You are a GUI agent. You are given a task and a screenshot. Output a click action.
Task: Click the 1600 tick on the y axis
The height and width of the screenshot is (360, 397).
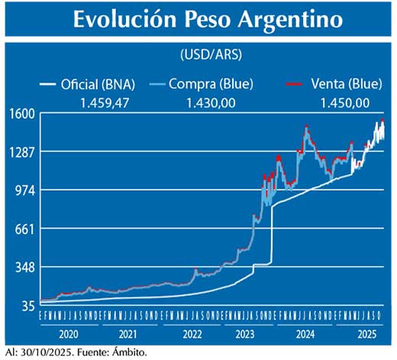pos(21,114)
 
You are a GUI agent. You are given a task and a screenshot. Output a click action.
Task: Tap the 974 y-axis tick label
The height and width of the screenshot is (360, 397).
pos(24,190)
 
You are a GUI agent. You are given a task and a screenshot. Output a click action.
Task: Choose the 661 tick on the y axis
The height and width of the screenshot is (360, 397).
pos(24,228)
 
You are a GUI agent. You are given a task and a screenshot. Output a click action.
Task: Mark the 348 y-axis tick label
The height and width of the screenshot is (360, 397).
pos(24,267)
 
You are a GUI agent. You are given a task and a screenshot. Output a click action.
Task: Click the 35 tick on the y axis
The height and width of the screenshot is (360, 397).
pos(27,306)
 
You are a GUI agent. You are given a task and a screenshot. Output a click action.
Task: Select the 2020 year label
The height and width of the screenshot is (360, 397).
pos(68,334)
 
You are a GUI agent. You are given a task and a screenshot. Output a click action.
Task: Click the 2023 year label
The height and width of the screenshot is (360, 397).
pos(245,334)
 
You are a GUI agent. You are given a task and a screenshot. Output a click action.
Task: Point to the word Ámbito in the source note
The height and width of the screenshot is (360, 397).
pos(122,352)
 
